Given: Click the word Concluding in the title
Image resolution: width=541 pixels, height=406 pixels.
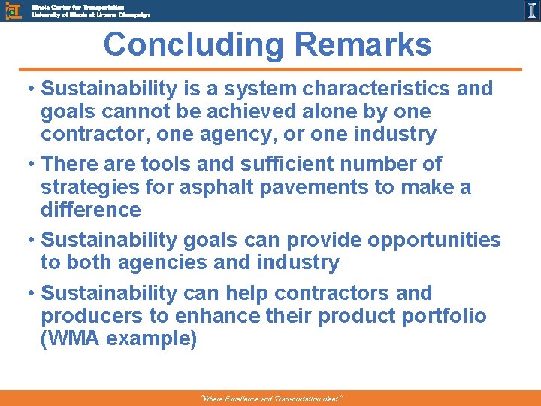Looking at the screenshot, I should tap(194, 44).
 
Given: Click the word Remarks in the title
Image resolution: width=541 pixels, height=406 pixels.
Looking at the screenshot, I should tap(363, 44).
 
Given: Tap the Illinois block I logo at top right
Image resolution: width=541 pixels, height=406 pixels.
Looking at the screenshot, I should tap(531, 10).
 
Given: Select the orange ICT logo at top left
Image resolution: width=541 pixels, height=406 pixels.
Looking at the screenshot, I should tap(14, 10).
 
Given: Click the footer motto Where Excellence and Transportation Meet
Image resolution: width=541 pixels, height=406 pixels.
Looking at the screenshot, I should tap(271, 399).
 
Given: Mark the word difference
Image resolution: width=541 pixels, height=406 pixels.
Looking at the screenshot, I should tap(91, 209).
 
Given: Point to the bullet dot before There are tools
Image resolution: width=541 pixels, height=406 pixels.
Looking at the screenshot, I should tap(32, 164).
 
